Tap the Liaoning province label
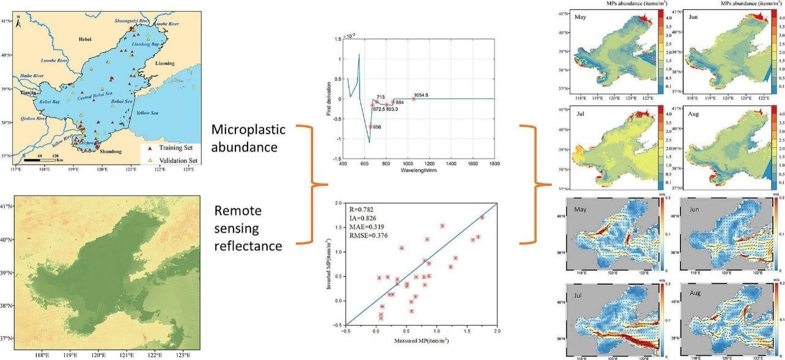point(164,63)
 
